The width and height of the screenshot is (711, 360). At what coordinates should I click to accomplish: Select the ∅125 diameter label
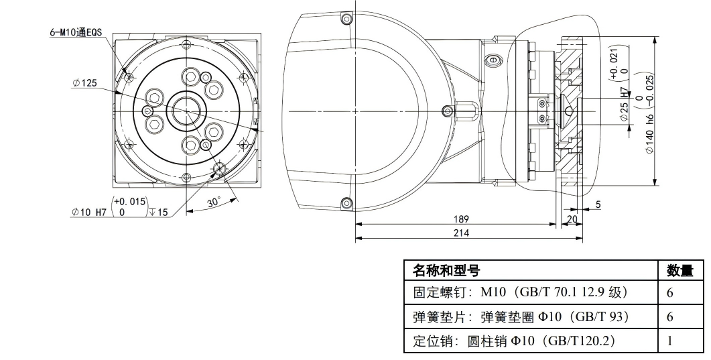coord(85,83)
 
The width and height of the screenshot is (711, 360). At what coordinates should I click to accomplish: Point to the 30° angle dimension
coord(214,202)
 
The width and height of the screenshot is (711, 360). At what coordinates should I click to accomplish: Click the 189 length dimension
coord(461,219)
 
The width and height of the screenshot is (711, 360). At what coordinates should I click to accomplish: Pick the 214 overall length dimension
coord(461,233)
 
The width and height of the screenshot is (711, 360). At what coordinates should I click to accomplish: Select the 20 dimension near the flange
coord(572,219)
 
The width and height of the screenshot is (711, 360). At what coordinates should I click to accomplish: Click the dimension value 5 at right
coord(598,204)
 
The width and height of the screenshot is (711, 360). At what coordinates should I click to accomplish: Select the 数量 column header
coord(680,271)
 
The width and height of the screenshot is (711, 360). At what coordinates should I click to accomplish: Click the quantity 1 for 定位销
coord(669,341)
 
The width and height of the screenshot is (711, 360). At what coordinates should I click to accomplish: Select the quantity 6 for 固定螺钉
coord(669,293)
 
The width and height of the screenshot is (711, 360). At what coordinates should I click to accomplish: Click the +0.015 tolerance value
coord(129,201)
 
